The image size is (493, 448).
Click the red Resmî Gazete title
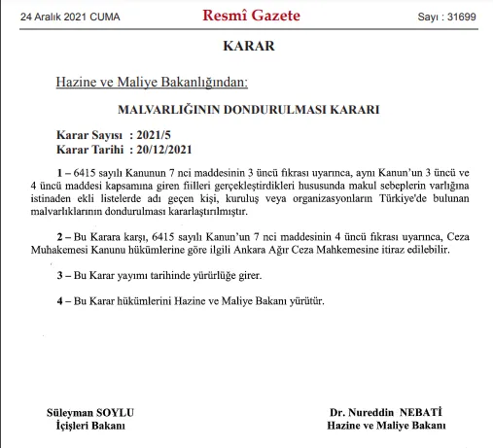pos(251,17)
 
